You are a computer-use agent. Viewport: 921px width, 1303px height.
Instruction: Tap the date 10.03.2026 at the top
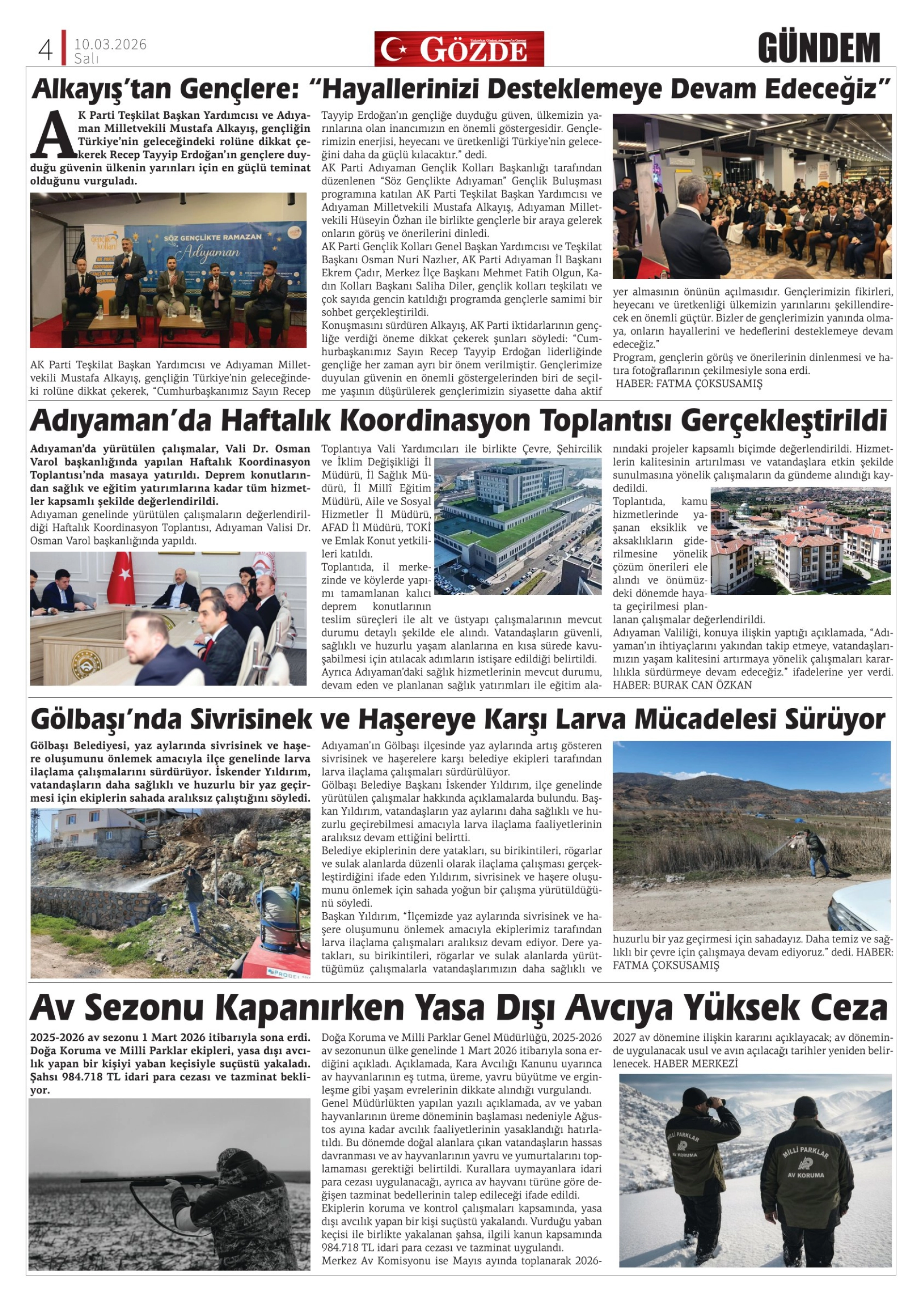tap(110, 44)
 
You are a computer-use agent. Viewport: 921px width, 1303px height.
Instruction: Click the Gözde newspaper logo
tap(459, 49)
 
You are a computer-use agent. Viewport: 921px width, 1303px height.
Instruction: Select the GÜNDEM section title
tap(818, 48)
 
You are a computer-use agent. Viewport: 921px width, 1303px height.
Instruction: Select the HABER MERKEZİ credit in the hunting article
tap(695, 1064)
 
